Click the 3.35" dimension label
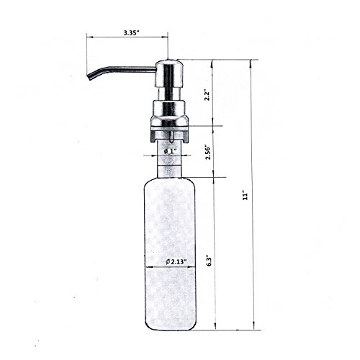(x=132, y=32)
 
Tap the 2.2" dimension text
(x=207, y=96)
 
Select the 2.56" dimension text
(x=208, y=152)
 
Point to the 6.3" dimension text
(x=208, y=261)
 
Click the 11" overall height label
(x=245, y=196)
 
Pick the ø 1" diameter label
(x=170, y=151)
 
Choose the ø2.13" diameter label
(x=176, y=261)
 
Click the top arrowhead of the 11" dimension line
(x=251, y=63)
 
